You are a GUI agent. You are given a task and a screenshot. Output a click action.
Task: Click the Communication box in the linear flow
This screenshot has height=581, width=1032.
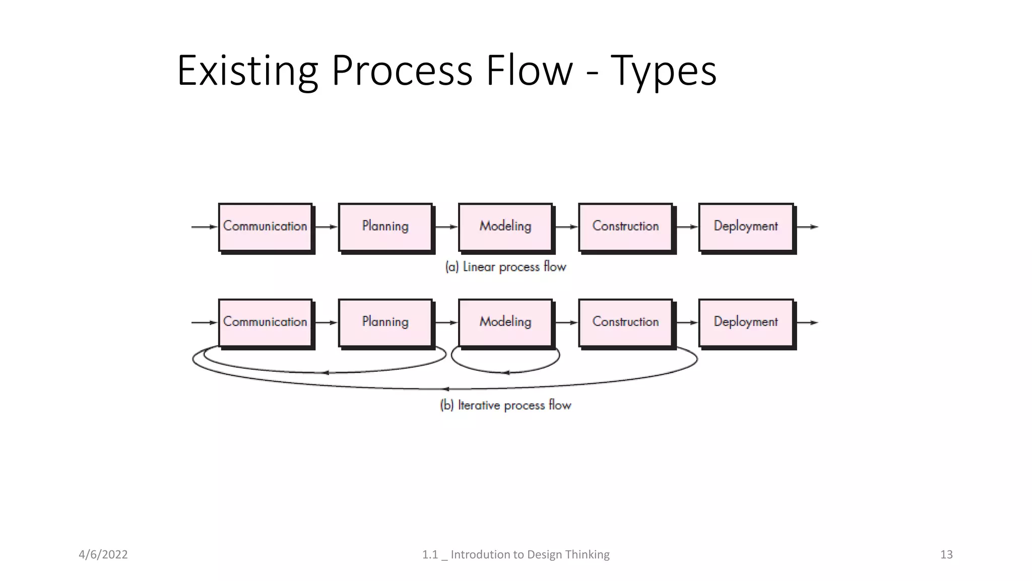coord(265,226)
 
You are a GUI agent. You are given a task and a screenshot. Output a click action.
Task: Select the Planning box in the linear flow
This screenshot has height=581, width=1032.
coord(385,226)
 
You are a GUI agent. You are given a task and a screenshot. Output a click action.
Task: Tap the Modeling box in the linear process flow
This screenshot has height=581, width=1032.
coord(505,226)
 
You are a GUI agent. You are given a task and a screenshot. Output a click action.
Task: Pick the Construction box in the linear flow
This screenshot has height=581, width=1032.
coord(625,226)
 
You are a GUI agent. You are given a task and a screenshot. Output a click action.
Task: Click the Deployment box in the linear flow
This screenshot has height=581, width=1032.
coord(746,226)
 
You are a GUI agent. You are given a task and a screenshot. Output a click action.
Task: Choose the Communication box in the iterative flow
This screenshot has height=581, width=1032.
coord(265,322)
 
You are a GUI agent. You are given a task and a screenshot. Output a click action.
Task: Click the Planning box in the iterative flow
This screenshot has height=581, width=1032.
coord(385,322)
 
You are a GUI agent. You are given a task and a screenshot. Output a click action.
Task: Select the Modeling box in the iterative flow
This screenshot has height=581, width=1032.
coord(505,322)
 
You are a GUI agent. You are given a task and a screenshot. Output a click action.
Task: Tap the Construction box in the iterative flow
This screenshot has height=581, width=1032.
coord(625,322)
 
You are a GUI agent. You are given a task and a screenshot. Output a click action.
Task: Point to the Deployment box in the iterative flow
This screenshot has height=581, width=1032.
coord(746,322)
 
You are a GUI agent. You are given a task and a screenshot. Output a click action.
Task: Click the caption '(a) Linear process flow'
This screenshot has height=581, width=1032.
coord(505,267)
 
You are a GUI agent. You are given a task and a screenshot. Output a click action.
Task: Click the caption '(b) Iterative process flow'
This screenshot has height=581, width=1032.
coord(505,405)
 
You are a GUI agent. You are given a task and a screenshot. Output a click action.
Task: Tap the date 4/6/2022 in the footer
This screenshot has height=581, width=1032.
coord(103,555)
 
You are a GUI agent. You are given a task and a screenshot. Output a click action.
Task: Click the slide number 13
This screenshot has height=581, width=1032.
coord(946,555)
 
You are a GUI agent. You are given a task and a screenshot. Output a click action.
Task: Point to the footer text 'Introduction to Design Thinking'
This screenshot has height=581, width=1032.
coord(530,555)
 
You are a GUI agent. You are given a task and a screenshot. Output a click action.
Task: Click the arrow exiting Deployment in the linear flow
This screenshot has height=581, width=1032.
coord(807,227)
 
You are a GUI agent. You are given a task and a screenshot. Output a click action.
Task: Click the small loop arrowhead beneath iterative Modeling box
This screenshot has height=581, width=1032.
coord(506,373)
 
